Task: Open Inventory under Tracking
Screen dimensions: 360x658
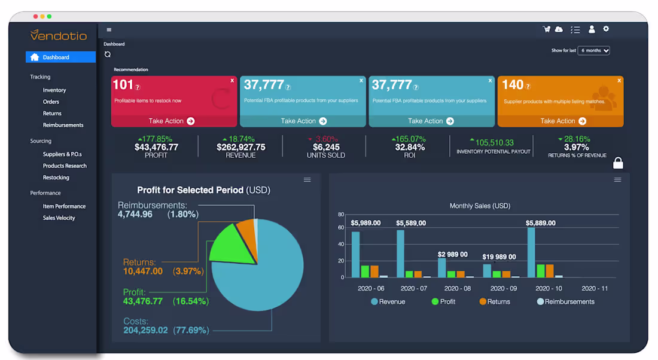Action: pyautogui.click(x=54, y=90)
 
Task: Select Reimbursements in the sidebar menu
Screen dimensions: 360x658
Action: pyautogui.click(x=63, y=125)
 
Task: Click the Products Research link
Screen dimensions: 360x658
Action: pyautogui.click(x=65, y=166)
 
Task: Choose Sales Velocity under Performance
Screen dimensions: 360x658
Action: pyautogui.click(x=59, y=218)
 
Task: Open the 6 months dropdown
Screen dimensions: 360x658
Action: pyautogui.click(x=593, y=51)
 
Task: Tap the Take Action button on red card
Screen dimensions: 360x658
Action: pyautogui.click(x=171, y=121)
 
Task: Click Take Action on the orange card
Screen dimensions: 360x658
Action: pyautogui.click(x=560, y=121)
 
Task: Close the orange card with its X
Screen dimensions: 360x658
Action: pyautogui.click(x=619, y=80)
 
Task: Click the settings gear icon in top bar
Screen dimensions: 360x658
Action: pyautogui.click(x=606, y=29)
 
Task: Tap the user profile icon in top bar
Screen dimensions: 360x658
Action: pyautogui.click(x=592, y=29)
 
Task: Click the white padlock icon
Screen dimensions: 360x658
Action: pyautogui.click(x=618, y=163)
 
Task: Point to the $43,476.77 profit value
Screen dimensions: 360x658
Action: pyautogui.click(x=156, y=147)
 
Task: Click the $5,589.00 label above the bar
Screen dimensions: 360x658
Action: pyautogui.click(x=411, y=223)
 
